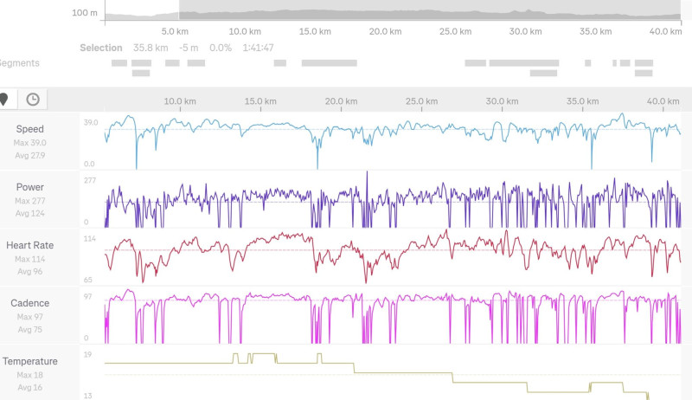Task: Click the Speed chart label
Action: (29, 129)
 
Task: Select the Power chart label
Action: (29, 187)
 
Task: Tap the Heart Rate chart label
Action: (29, 245)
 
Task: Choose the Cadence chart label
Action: (29, 303)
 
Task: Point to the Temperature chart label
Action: (29, 361)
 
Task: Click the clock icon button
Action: (32, 99)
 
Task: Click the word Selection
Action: (100, 48)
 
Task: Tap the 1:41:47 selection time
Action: (258, 48)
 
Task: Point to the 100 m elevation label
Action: (85, 13)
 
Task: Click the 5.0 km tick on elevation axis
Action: (176, 31)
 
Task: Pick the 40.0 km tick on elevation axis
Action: (665, 31)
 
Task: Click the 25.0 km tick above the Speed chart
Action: (421, 101)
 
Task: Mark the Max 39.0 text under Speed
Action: (29, 143)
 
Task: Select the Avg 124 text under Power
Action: (29, 213)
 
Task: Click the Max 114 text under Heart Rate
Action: (29, 259)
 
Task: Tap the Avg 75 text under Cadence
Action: (29, 329)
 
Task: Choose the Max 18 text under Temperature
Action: (29, 375)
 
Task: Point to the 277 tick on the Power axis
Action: (89, 180)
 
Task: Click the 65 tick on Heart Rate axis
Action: (89, 281)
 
